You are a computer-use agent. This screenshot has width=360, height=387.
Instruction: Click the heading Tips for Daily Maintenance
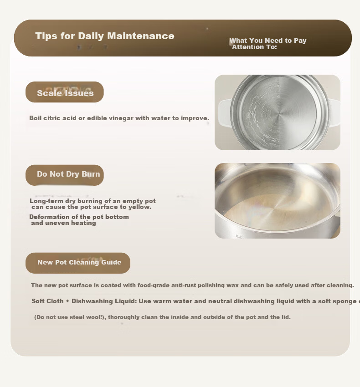[105, 36]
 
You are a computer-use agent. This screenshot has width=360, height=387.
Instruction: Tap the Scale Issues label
[65, 93]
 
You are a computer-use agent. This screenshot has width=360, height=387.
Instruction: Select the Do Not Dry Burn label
[68, 174]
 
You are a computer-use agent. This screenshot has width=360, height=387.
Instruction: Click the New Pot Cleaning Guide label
[79, 262]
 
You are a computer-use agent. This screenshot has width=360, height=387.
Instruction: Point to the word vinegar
[121, 118]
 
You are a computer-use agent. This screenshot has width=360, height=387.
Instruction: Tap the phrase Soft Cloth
[47, 301]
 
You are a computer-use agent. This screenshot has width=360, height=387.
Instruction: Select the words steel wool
[90, 317]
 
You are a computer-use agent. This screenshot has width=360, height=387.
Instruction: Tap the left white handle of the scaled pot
[224, 113]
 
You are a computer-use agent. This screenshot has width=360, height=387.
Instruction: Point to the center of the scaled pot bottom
[279, 114]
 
